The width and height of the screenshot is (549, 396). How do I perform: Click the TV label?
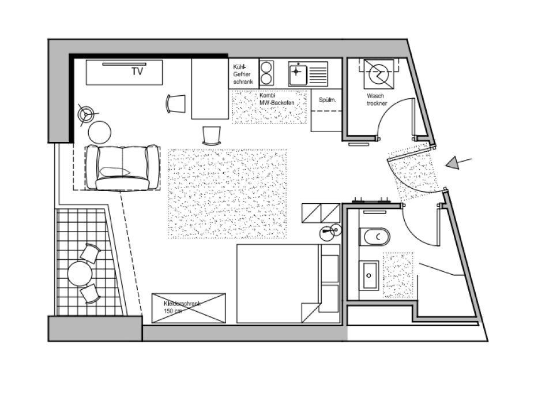[x=137, y=71]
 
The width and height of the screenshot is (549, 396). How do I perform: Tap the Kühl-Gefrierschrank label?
[x=243, y=74]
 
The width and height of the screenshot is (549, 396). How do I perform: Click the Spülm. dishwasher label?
[x=328, y=100]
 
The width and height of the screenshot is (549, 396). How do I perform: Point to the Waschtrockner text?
[x=377, y=99]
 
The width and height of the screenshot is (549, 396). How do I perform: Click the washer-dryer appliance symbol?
[x=378, y=73]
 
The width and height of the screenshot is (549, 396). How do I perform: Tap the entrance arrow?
[x=458, y=163]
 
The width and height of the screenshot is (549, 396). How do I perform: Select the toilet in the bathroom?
[x=374, y=237]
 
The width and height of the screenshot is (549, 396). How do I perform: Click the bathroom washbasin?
[x=368, y=275]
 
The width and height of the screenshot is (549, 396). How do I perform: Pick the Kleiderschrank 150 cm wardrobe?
[x=189, y=308]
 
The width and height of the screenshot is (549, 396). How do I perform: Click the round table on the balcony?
[x=80, y=274]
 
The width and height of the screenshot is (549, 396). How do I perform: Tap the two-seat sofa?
[x=122, y=167]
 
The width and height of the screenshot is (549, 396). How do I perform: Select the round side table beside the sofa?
[x=99, y=132]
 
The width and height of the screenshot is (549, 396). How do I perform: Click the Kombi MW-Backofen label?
[x=277, y=99]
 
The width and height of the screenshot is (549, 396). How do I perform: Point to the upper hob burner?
[x=266, y=66]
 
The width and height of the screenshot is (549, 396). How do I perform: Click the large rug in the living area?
[x=228, y=194]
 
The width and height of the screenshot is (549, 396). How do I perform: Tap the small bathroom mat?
[x=398, y=275]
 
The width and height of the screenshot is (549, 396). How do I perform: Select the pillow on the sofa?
[x=115, y=171]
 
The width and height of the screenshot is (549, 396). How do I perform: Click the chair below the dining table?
[x=212, y=136]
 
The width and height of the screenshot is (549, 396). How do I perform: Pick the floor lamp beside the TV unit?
[x=86, y=114]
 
